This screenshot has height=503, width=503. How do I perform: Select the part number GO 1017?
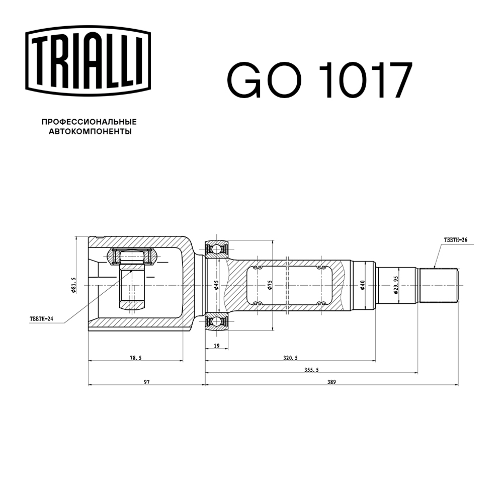point(320,81)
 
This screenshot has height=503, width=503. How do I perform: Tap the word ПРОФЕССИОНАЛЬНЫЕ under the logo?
point(89,122)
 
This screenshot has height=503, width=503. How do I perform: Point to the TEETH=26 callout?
point(455,240)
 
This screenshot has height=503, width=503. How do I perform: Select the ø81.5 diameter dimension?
point(74,285)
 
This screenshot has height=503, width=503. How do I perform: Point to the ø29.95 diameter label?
point(396,285)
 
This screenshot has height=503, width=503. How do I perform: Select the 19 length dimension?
point(216,346)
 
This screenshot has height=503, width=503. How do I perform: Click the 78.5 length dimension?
point(135,358)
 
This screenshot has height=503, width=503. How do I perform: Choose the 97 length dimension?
point(146,382)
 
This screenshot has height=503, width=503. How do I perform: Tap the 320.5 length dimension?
point(290,358)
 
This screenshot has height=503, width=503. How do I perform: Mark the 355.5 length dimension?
point(311,370)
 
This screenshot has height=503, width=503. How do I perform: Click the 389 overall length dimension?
point(331,382)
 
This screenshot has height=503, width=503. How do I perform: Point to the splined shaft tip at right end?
point(439,285)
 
